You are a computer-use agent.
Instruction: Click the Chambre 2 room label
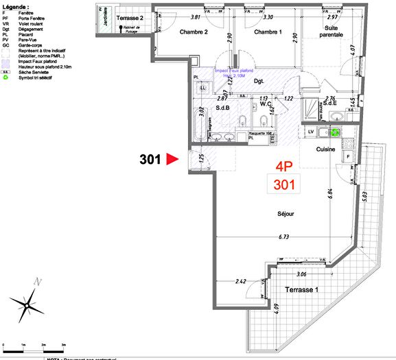tap(194, 32)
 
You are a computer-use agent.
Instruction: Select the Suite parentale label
tap(325, 31)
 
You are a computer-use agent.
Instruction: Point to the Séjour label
tap(285, 213)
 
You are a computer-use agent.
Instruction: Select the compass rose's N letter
tap(40, 281)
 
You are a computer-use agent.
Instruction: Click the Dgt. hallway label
tap(259, 80)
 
